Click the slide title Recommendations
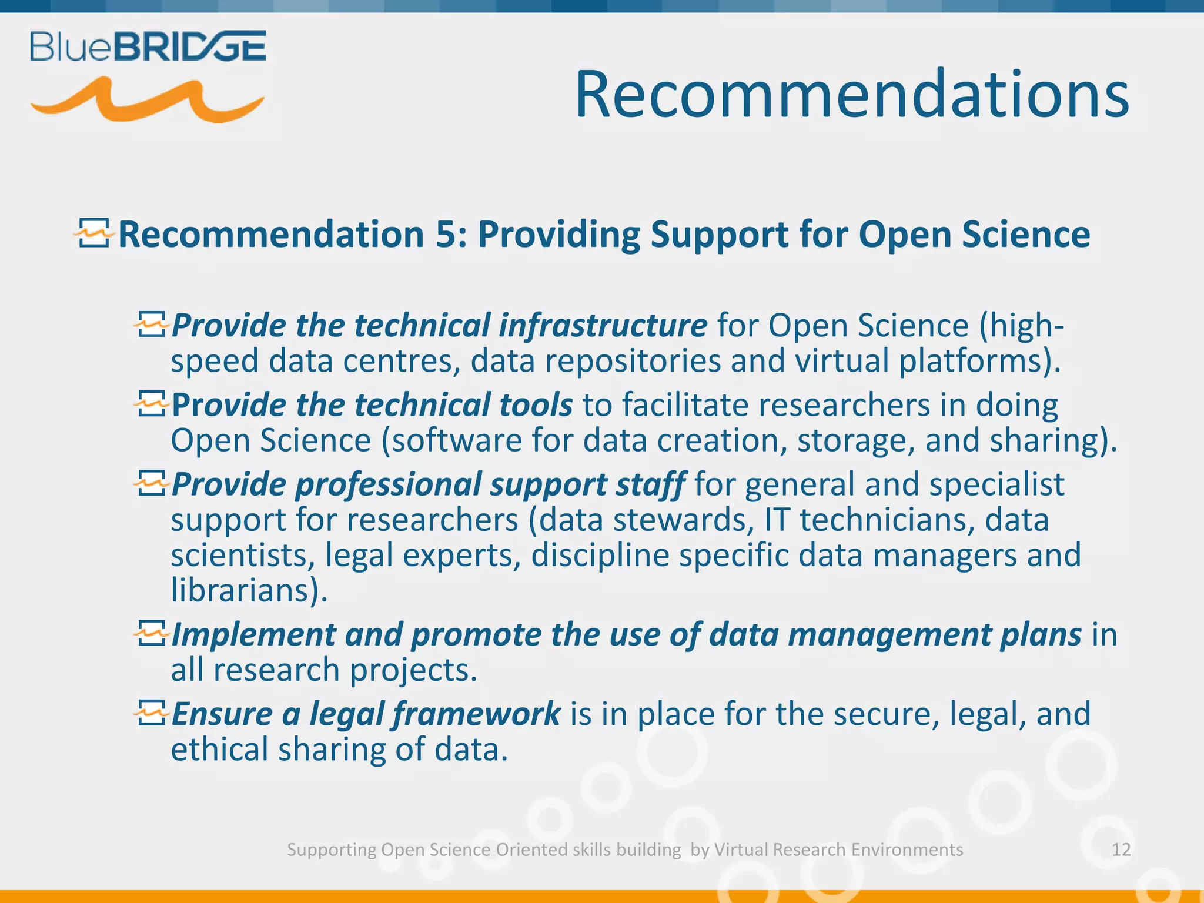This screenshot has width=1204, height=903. pos(851,94)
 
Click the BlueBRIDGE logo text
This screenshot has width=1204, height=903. pos(148,47)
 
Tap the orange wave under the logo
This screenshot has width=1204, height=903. pos(147,101)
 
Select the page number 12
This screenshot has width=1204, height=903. pos(1121,850)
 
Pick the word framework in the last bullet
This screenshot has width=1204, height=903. pos(476,714)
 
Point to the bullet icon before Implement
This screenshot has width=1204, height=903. pos(152,634)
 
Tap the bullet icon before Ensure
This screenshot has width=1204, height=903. pos(152,713)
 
